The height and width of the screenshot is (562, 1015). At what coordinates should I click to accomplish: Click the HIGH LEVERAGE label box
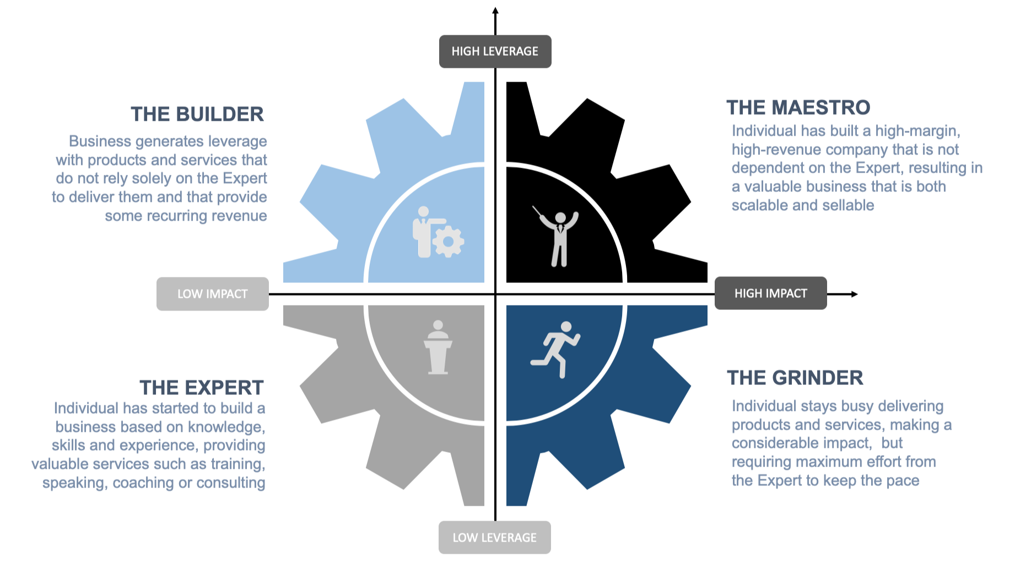click(x=495, y=51)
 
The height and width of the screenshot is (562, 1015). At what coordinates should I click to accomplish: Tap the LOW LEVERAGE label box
click(x=494, y=537)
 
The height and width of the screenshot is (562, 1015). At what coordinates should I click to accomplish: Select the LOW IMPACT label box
click(x=213, y=294)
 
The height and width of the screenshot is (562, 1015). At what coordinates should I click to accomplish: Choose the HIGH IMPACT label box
click(x=770, y=293)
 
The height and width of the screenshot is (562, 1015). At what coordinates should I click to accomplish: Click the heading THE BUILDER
click(x=197, y=114)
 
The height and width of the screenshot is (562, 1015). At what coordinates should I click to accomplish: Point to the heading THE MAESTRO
click(x=798, y=108)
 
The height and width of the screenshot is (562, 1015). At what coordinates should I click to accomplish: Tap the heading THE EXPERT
click(x=202, y=388)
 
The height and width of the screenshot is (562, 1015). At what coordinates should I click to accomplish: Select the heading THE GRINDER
click(x=795, y=378)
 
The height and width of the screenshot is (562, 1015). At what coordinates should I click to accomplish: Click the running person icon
click(x=555, y=350)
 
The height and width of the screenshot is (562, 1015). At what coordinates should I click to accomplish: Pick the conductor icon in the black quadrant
click(x=557, y=236)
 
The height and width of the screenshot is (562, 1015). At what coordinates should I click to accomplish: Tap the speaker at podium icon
click(x=438, y=347)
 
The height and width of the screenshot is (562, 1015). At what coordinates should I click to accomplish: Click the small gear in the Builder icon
click(x=448, y=242)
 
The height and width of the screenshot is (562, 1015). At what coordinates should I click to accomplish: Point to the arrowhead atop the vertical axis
click(x=495, y=10)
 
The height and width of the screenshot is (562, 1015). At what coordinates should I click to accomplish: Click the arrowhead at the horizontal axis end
click(x=854, y=294)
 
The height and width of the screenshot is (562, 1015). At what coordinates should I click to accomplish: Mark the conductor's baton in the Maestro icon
click(x=538, y=211)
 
